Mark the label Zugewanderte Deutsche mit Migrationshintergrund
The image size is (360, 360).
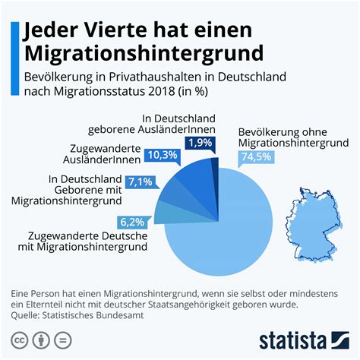(x=87, y=242)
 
